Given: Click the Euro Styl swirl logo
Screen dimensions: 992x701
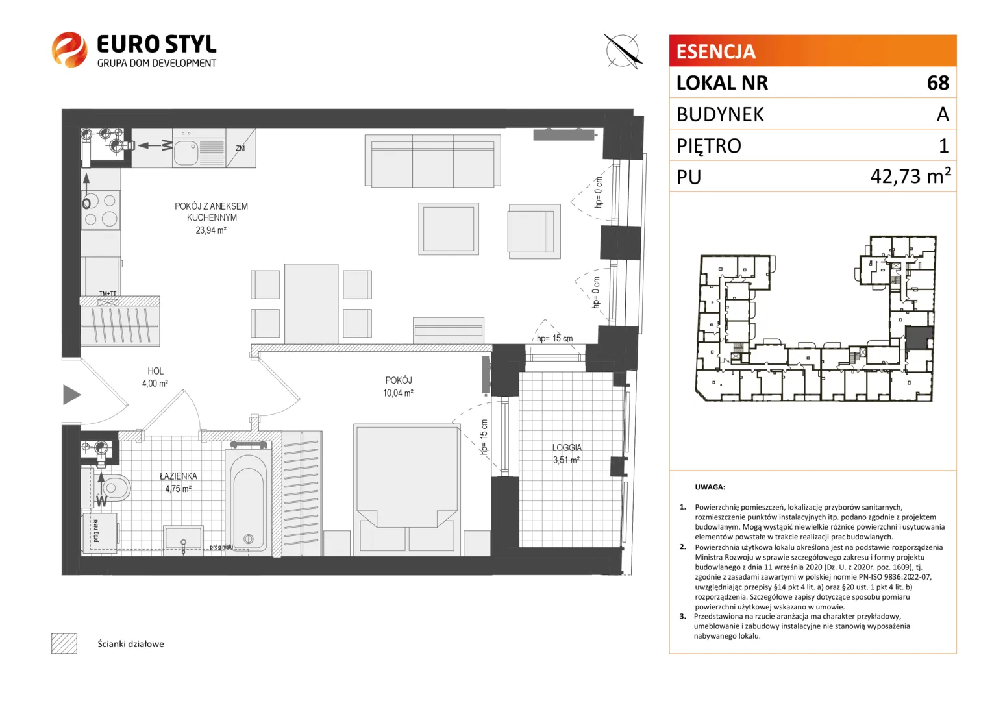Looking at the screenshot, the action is click(69, 49).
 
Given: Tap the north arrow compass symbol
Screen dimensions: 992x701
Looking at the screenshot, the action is click(623, 51).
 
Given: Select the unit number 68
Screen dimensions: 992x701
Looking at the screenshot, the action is click(938, 83).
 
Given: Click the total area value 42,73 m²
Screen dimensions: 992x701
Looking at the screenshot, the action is click(910, 177).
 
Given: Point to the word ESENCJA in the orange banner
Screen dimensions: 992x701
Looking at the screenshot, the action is click(715, 51).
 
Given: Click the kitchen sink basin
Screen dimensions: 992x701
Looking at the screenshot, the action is click(186, 153).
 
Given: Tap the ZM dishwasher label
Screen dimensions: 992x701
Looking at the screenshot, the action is click(240, 149).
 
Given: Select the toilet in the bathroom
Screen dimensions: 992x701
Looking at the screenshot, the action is click(113, 488).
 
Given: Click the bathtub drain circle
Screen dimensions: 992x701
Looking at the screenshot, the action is click(249, 539).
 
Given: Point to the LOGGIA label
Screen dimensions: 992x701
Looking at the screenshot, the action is click(567, 448).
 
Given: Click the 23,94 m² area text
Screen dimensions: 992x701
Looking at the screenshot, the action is click(211, 230).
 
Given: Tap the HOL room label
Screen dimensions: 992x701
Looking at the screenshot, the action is click(155, 371).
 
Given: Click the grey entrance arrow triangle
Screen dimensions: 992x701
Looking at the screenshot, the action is click(71, 395).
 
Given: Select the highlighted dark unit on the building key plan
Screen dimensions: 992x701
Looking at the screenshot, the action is click(918, 339).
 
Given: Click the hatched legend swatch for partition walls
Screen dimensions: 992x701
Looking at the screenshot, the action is click(64, 643).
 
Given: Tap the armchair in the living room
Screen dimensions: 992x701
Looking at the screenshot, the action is click(534, 232).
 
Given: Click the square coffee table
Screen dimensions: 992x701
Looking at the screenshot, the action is click(449, 229).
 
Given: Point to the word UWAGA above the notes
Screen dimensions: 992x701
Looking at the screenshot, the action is click(710, 487).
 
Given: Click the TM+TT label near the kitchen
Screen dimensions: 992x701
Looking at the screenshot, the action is click(108, 293).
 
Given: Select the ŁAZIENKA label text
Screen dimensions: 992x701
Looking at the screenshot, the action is click(179, 476).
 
